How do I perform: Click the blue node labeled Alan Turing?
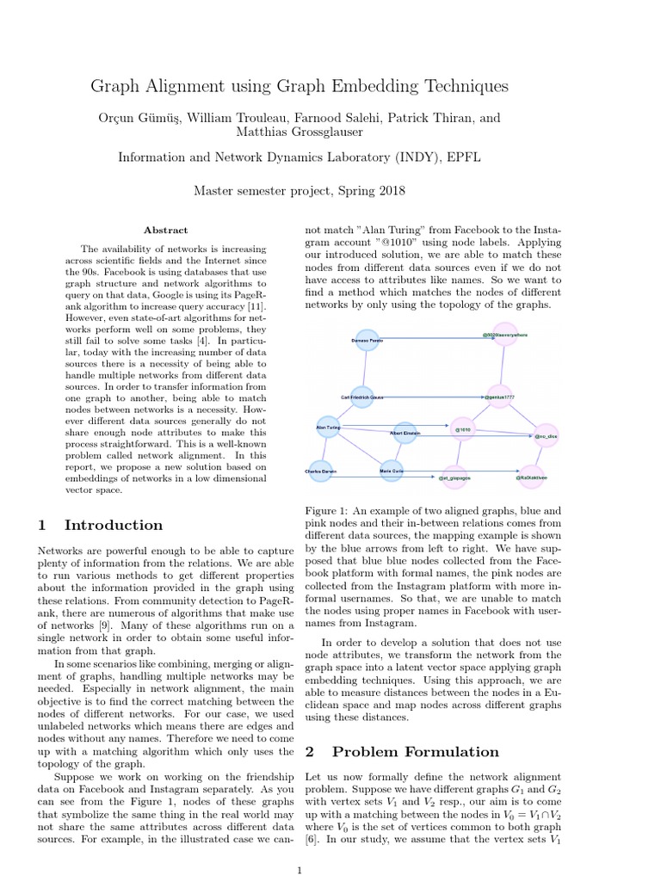click(329, 427)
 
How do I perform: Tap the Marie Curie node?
click(392, 471)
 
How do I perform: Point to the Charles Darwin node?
click(320, 471)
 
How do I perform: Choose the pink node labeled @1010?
click(463, 428)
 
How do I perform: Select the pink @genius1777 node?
click(499, 397)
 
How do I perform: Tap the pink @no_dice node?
click(547, 435)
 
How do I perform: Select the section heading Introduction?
click(114, 525)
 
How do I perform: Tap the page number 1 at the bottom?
click(299, 871)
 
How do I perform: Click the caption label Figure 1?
click(331, 510)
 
